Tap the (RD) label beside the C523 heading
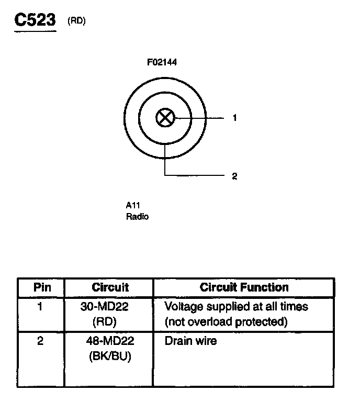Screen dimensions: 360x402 point(76,21)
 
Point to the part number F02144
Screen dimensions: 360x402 point(162,63)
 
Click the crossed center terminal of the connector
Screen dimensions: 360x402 point(165,118)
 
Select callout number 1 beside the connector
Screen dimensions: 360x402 point(235,118)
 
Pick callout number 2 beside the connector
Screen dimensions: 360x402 point(235,176)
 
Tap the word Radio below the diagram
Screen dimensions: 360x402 point(137,216)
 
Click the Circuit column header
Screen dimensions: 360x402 point(110,287)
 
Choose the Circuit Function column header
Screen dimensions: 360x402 point(244,287)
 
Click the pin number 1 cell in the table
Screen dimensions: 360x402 point(40,306)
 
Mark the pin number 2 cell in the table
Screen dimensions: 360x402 point(40,341)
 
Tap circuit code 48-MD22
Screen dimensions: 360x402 point(109,341)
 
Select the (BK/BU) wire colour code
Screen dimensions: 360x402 point(109,356)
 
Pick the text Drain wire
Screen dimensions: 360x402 point(190,341)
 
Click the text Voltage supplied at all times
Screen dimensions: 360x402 point(236,306)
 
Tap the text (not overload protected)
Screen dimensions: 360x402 point(226,321)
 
